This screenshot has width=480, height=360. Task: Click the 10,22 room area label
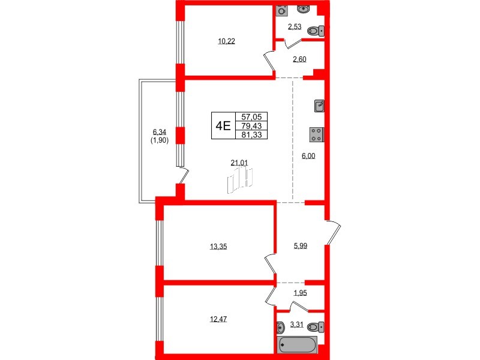226,41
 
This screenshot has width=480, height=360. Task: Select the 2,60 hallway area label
301,59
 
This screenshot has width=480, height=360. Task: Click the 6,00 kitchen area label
308,155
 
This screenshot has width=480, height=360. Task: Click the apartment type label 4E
223,125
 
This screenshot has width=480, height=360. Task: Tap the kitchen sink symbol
320,106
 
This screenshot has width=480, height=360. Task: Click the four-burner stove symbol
316,134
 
